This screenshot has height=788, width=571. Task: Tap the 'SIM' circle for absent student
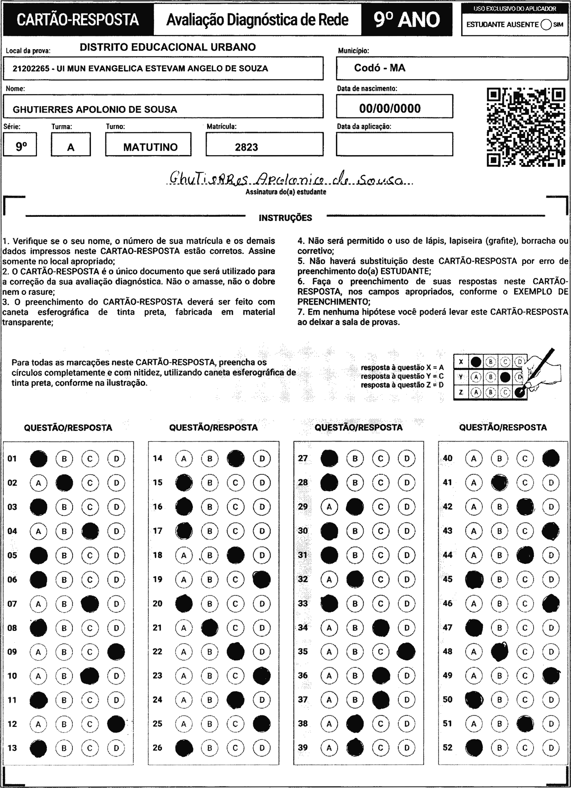point(546,25)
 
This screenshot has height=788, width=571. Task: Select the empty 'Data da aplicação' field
point(395,144)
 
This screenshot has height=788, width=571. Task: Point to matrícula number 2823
point(246,147)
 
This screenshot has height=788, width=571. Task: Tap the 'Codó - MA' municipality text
point(379,68)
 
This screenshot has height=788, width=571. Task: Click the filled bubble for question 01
point(38,459)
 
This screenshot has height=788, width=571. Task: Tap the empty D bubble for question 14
point(262,459)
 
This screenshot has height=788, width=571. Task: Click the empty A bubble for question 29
point(329,507)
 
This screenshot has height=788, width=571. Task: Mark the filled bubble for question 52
point(474,748)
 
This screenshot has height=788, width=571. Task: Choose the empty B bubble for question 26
point(210,748)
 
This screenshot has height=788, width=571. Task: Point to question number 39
point(303,748)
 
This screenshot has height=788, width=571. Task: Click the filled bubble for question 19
point(262,579)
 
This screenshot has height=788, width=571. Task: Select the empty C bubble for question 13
point(90,748)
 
